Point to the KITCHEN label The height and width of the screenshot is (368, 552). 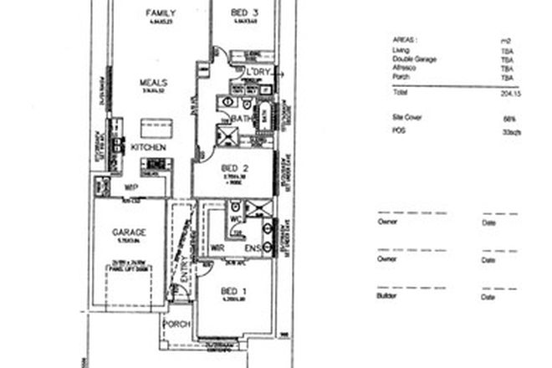[x=148, y=147]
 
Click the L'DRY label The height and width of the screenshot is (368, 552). [x=256, y=74]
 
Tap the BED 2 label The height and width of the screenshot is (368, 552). [x=232, y=167]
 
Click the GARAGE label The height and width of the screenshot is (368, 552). [x=130, y=231]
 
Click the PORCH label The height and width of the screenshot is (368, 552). [x=178, y=325]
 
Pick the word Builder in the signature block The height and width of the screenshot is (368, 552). [x=387, y=297]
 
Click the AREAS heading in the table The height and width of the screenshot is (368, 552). [x=405, y=38]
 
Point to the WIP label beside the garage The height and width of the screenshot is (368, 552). [x=130, y=187]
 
